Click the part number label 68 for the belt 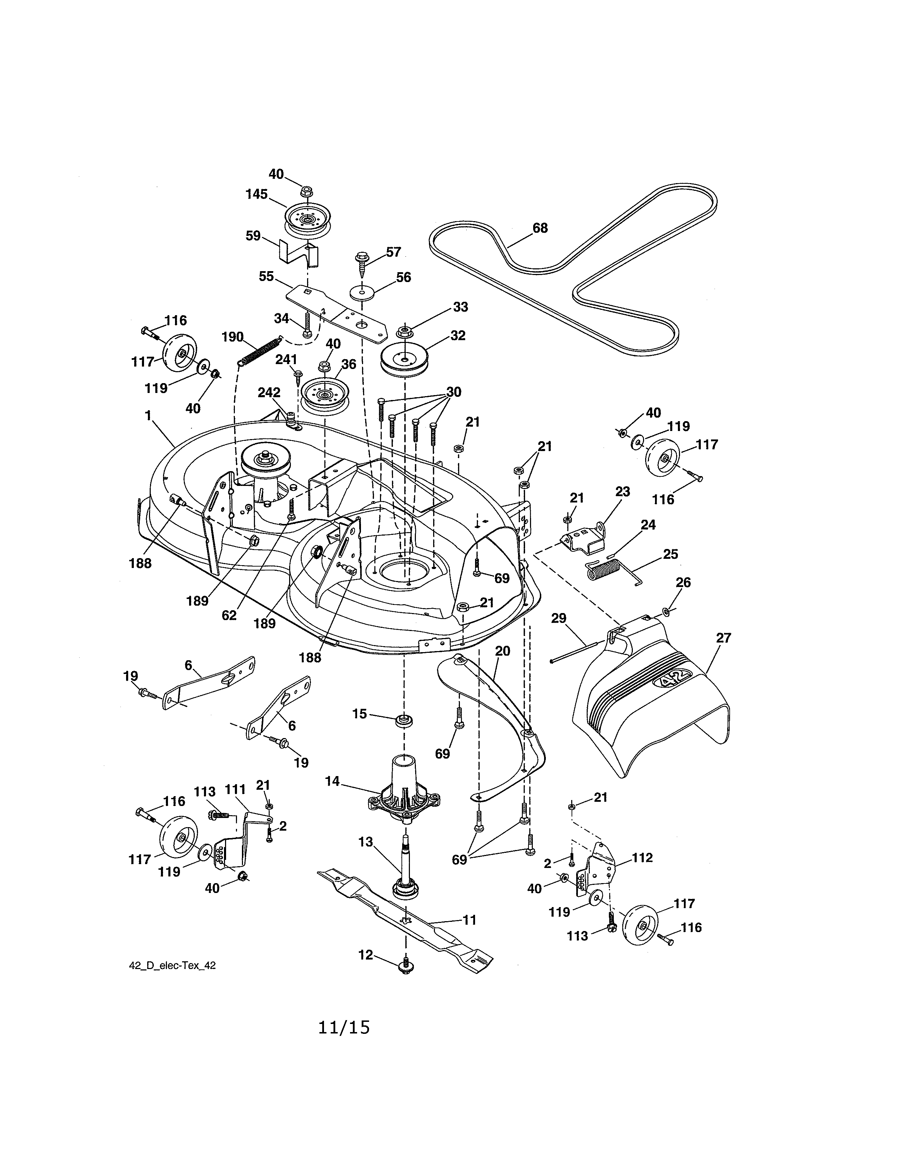[x=540, y=228]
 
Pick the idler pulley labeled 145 [x=306, y=219]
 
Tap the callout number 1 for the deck [x=148, y=416]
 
